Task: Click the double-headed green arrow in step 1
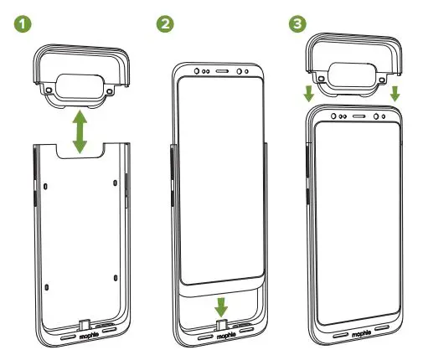[x=80, y=130]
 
